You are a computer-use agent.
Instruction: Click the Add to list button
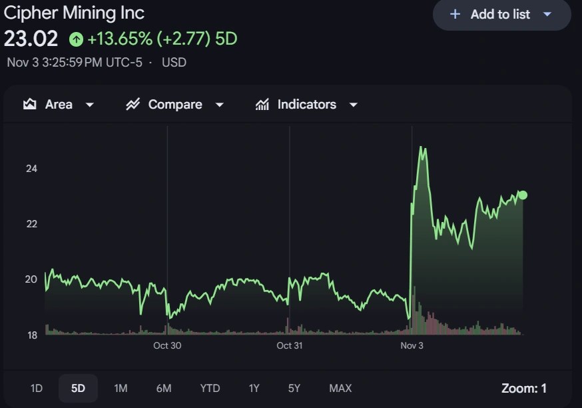pos(501,14)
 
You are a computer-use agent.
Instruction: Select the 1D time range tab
pos(37,388)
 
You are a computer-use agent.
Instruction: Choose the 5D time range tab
pos(78,388)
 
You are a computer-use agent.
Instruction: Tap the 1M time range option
pos(121,388)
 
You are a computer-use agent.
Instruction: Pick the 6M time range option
pos(164,388)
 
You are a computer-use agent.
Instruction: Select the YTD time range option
pos(210,388)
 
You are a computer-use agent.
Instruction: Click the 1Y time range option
pos(254,388)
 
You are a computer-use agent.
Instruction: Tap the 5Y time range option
pos(294,388)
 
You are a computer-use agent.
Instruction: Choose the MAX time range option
pos(340,388)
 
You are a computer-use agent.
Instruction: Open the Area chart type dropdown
pos(59,105)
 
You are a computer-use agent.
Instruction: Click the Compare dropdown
pos(174,105)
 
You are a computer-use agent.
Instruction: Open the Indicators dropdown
pos(306,105)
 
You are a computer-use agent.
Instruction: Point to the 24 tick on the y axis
pos(31,169)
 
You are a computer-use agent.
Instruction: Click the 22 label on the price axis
pos(31,223)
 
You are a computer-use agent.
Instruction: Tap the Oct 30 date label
pos(167,345)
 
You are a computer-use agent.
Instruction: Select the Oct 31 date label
pos(290,345)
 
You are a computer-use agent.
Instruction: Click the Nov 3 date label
pos(412,345)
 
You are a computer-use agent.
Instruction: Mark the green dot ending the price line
pos(523,195)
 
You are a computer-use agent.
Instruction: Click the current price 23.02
pos(31,39)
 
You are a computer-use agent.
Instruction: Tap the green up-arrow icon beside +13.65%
pos(77,39)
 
